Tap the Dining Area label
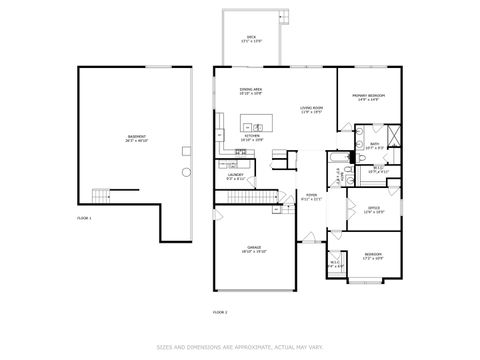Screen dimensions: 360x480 click(251, 92)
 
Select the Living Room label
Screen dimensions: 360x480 click(311, 109)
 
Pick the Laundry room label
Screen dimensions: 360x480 click(236, 176)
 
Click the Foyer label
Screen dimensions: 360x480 click(311, 197)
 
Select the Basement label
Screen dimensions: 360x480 click(135, 138)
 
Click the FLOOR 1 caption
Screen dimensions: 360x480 click(84, 217)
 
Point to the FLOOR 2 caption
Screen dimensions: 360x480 click(219, 313)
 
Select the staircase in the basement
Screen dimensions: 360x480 click(101, 194)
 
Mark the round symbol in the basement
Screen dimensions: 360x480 click(185, 171)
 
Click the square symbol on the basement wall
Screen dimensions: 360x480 click(187, 150)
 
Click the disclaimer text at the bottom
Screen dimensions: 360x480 click(240, 347)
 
